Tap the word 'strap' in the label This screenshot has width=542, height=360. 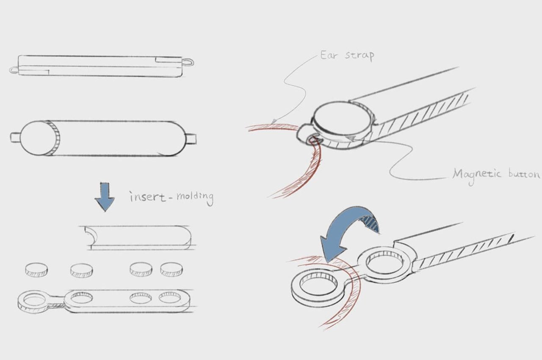[x=360, y=56]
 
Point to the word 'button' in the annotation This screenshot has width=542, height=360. [x=524, y=174]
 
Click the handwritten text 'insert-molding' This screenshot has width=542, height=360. [x=171, y=197]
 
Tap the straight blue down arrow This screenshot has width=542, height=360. [x=105, y=197]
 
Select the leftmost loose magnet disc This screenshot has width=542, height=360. [x=36, y=270]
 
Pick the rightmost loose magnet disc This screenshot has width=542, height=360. [x=171, y=269]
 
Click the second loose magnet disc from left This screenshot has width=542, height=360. [x=82, y=270]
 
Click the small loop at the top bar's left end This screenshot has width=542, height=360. [x=14, y=70]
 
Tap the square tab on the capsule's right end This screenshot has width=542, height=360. [x=191, y=138]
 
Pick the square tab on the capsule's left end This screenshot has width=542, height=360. [x=15, y=137]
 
